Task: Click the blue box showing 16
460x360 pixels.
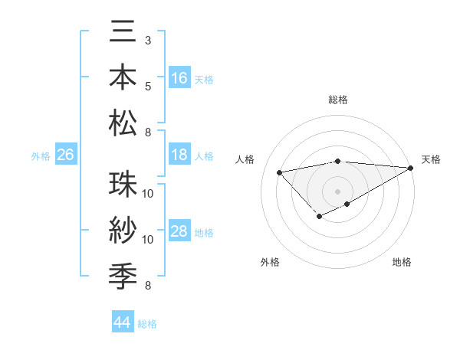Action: (x=179, y=77)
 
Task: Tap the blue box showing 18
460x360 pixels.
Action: (x=179, y=155)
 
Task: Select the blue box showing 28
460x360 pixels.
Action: (x=179, y=231)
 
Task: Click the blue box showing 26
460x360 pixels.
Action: (x=66, y=155)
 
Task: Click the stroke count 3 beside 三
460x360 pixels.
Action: (x=147, y=39)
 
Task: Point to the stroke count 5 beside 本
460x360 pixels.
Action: (x=147, y=85)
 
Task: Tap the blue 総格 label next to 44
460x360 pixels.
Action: (x=147, y=324)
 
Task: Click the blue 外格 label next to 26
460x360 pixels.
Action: (x=41, y=156)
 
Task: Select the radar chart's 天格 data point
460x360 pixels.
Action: (x=411, y=169)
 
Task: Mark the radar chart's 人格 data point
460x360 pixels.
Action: (x=280, y=172)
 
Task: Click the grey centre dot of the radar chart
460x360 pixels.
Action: (x=337, y=191)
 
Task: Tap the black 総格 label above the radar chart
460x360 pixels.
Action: (x=337, y=100)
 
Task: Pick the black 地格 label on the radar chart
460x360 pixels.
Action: (x=402, y=263)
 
